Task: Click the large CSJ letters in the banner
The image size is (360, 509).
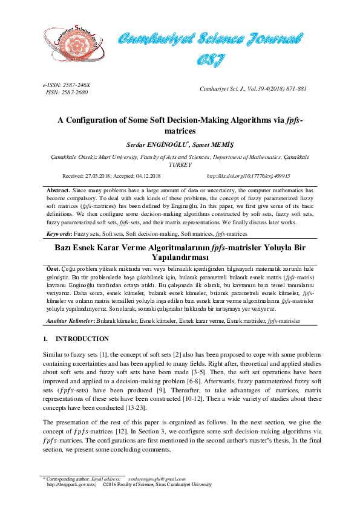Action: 211,59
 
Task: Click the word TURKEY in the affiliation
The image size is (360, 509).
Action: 180,164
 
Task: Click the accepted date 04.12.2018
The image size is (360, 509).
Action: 148,176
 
